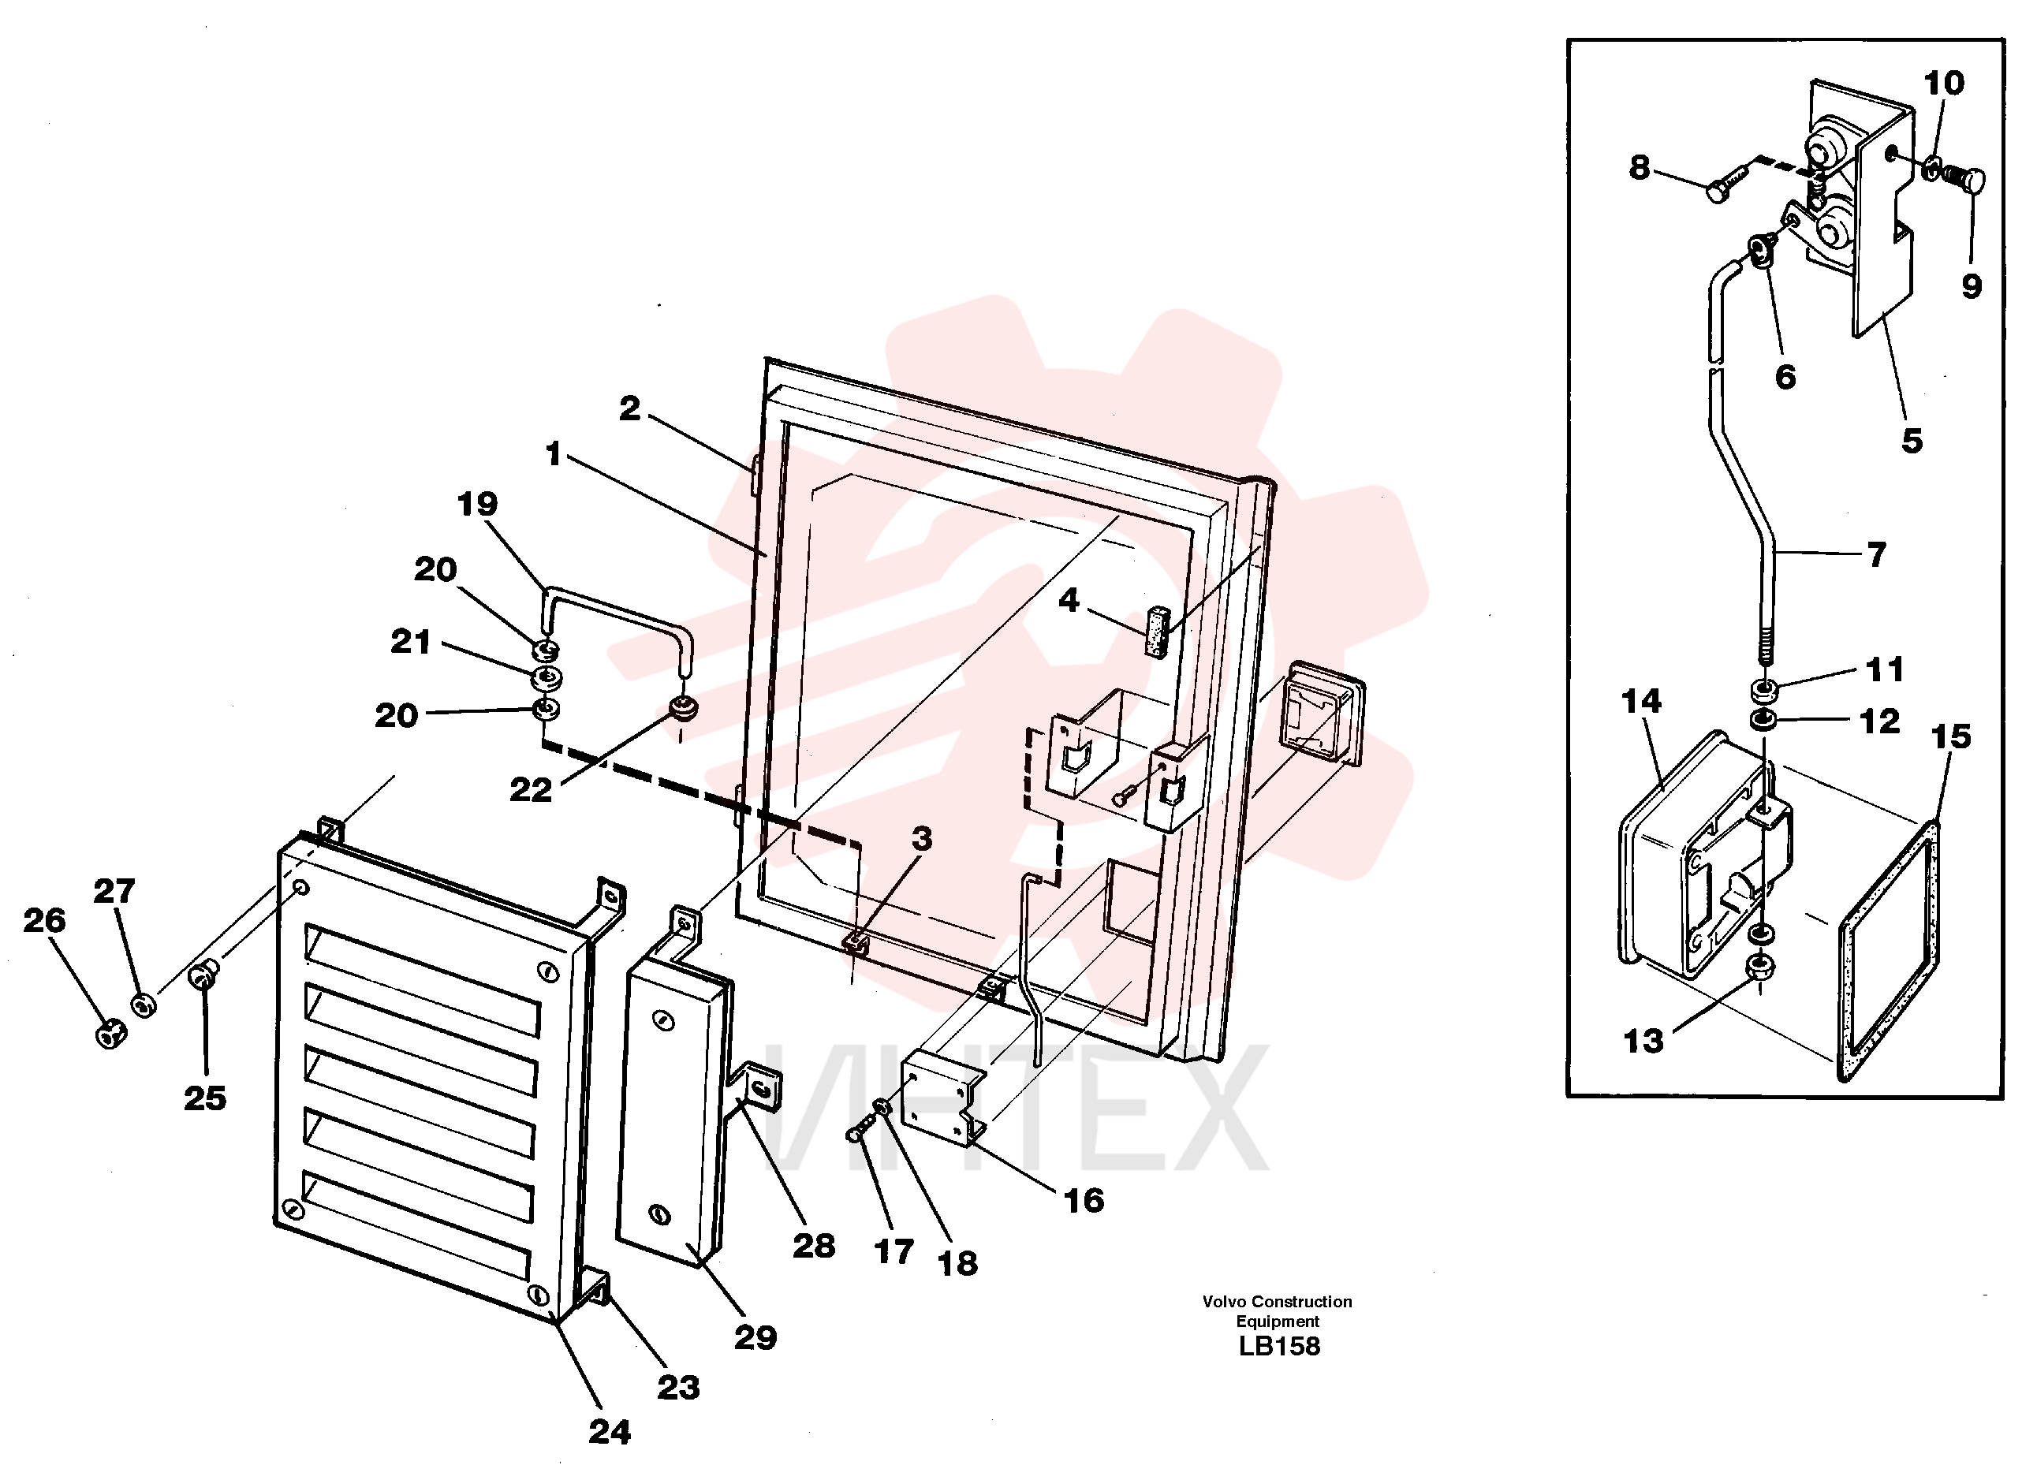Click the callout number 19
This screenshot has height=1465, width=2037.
[x=477, y=504]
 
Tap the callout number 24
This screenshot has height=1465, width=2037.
[x=610, y=1432]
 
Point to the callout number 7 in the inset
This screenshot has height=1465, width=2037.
[x=1876, y=554]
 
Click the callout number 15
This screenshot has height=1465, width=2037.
[x=1951, y=736]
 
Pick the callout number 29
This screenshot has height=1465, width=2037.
[x=755, y=1337]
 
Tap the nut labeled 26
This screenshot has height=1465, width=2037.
[x=110, y=1034]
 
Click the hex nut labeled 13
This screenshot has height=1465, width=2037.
[x=1762, y=969]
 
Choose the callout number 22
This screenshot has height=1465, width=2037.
[x=531, y=790]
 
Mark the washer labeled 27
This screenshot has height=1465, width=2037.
[x=144, y=1005]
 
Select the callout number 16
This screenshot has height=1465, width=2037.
[x=1084, y=1201]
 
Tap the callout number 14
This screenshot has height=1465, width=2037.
[x=1642, y=702]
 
